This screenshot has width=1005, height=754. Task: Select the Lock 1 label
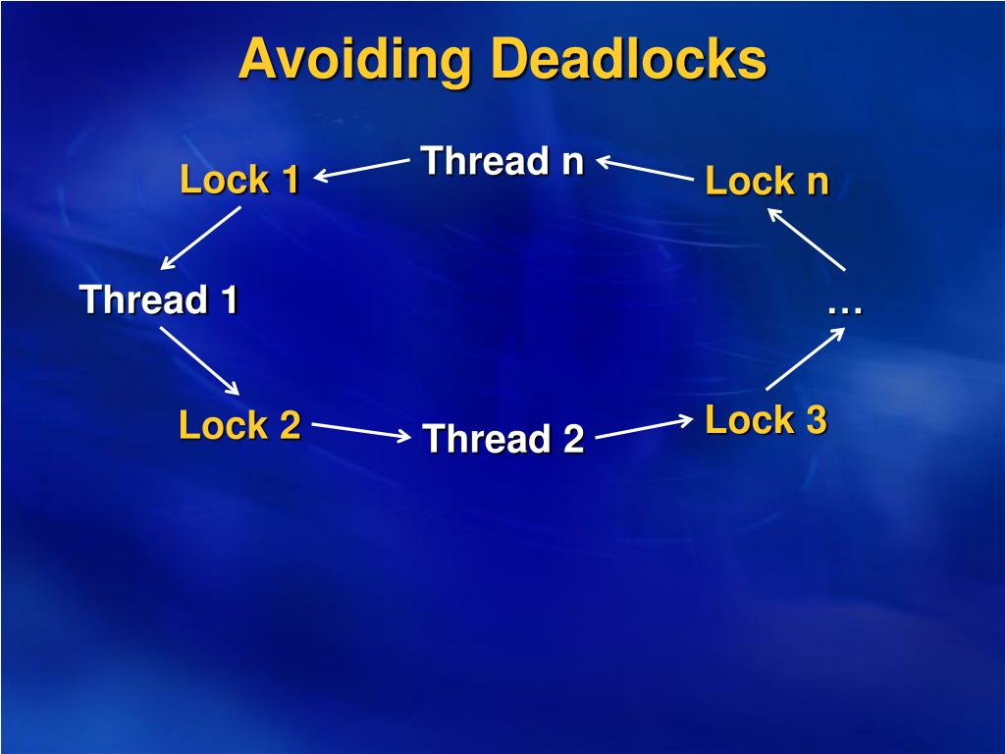point(239,180)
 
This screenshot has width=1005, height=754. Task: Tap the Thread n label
point(502,160)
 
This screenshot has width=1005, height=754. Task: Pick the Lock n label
point(767,182)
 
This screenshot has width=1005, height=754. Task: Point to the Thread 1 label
point(159,299)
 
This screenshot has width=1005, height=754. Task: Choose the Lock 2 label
point(239,425)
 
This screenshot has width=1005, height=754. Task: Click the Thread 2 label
point(502,439)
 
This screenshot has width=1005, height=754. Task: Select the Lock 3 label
point(766,420)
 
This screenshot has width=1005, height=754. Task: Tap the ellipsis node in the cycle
point(844,308)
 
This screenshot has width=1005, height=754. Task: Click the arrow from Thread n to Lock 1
point(361,170)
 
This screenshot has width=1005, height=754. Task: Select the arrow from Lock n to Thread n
point(645,168)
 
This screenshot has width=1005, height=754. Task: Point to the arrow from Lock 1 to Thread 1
point(201,238)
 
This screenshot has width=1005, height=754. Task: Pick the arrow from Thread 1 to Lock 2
point(200,360)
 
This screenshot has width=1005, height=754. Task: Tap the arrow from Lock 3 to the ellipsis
point(805,359)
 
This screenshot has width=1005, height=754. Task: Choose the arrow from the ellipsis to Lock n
point(806,240)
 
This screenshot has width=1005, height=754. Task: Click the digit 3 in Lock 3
point(816,420)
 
